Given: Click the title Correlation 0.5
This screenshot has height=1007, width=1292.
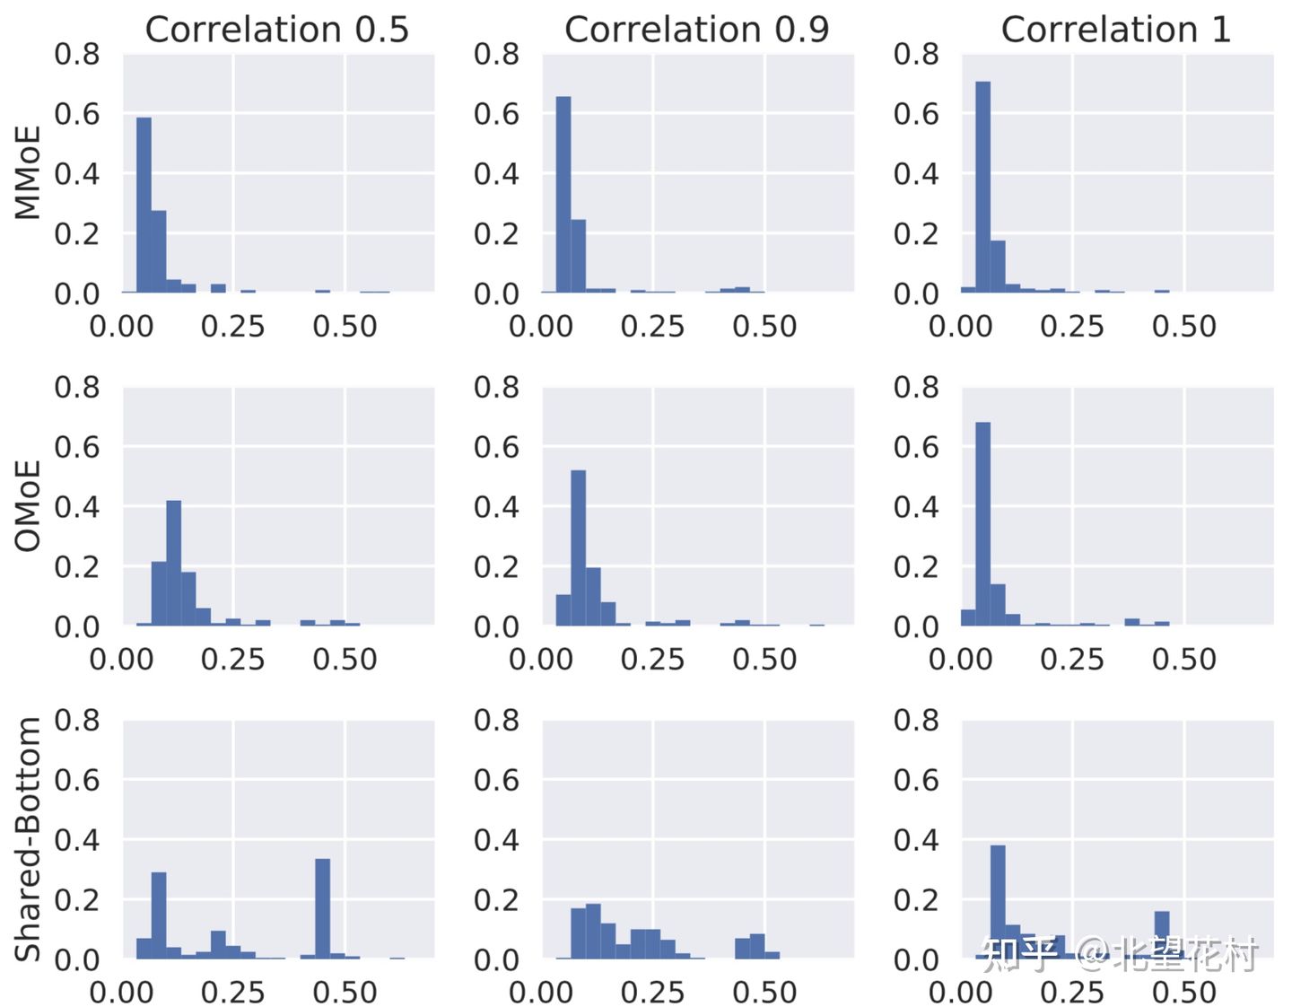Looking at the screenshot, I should tap(276, 30).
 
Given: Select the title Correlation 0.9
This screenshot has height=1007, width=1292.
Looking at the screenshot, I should tap(696, 30).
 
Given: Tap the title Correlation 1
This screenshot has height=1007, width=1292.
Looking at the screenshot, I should tap(1115, 30).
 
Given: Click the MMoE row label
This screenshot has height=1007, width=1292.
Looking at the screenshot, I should tap(28, 172).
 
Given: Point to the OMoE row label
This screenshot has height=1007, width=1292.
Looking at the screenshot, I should tap(28, 505).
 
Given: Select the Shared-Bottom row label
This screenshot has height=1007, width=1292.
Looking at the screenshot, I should tap(28, 839).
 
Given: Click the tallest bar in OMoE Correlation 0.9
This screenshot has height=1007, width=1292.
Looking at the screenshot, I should tap(578, 547).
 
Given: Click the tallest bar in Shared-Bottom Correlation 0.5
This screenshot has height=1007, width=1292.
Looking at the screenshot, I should tap(322, 908).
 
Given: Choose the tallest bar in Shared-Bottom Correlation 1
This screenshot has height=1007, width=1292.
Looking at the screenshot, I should tap(998, 901).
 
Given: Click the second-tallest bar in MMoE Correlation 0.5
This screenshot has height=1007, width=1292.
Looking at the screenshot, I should tap(158, 251).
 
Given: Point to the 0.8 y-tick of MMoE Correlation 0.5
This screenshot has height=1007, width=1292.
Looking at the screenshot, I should tap(77, 54).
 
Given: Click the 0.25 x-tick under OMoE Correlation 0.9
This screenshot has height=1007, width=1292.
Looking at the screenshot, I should tap(652, 660).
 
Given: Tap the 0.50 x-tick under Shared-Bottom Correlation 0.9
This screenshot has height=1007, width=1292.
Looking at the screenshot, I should tap(764, 993).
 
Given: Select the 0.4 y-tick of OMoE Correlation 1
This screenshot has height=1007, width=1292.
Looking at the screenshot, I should tap(916, 507).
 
